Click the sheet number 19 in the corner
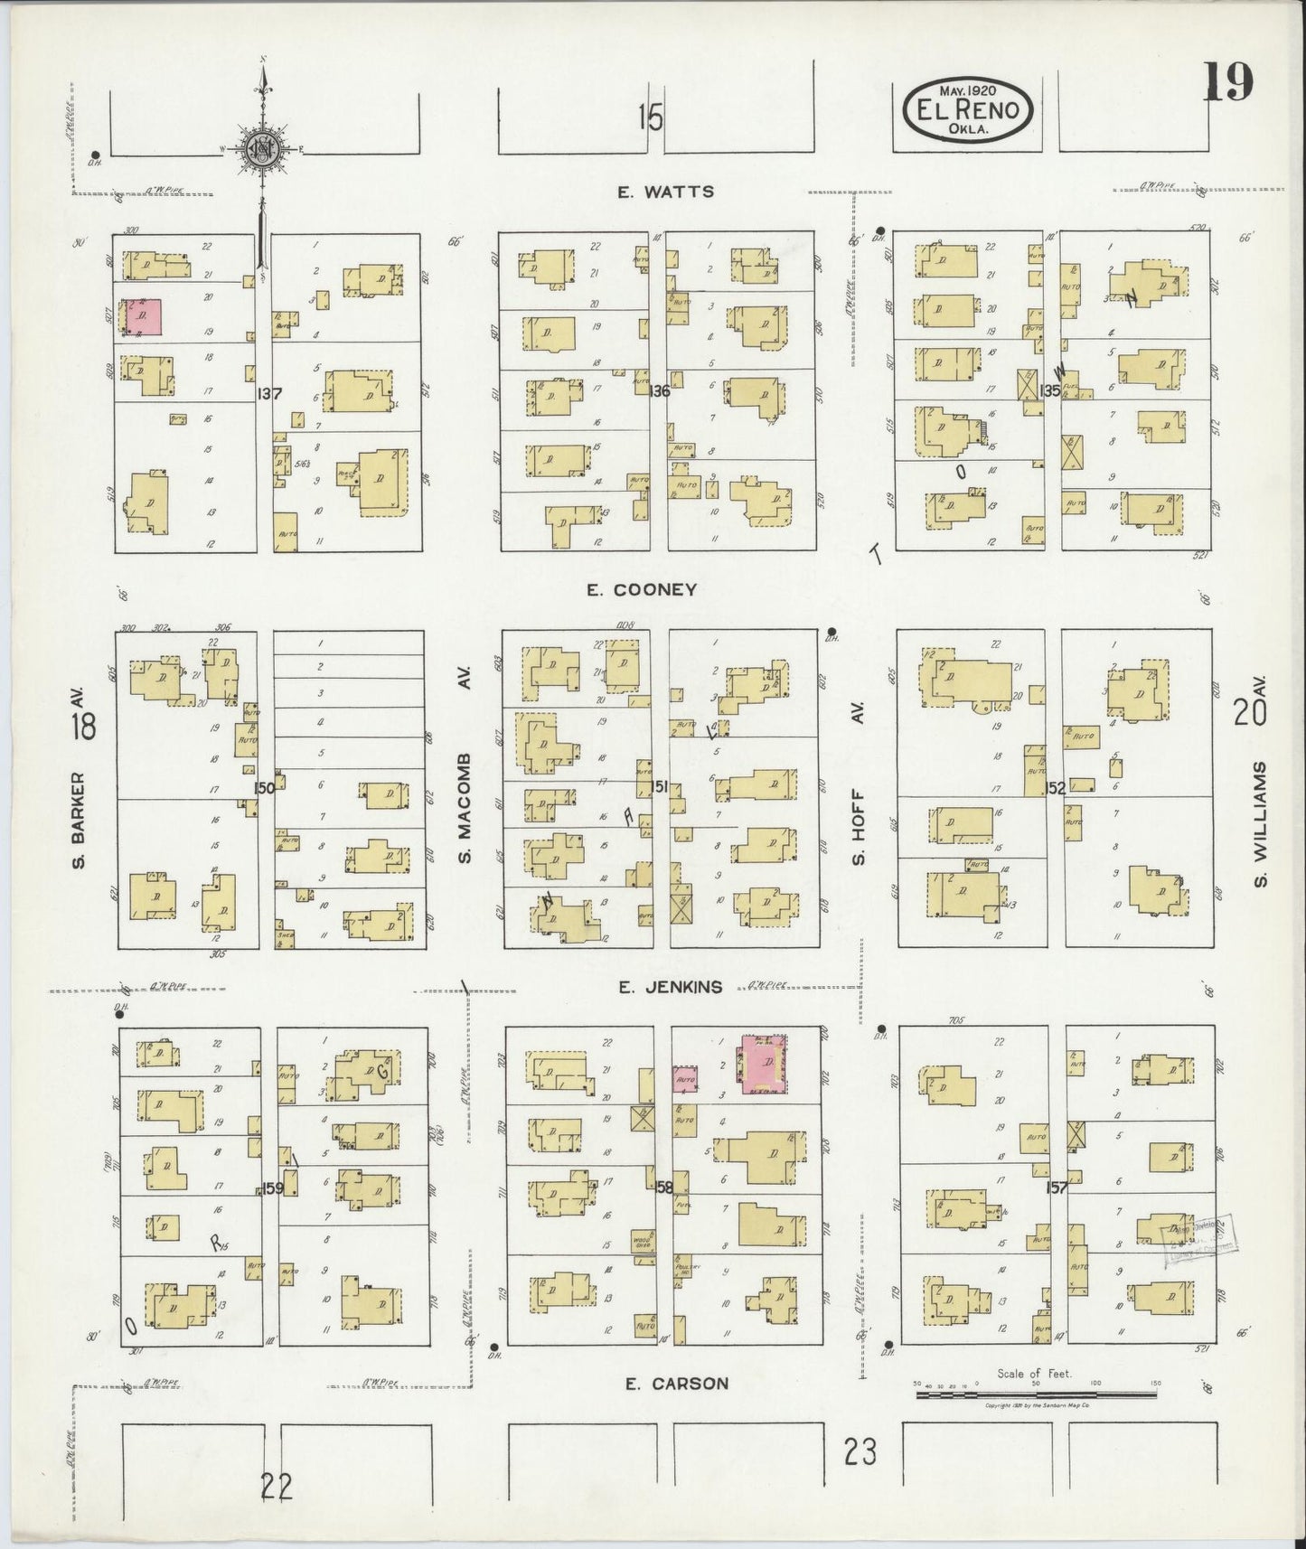(1227, 84)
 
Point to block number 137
(268, 394)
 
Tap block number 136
(659, 391)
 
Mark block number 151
(660, 787)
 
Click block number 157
(1056, 1188)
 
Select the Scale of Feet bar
(1037, 1394)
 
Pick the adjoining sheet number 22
(277, 1486)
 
